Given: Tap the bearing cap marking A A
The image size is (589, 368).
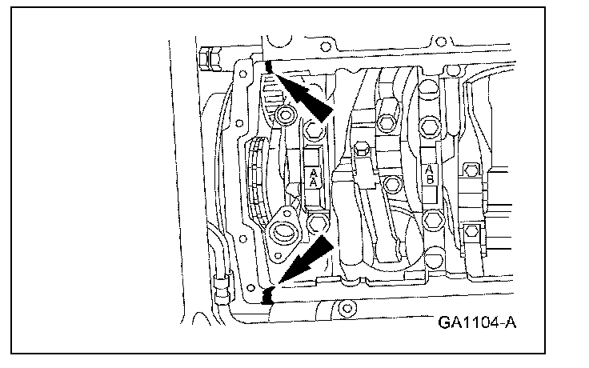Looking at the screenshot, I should coord(313,177).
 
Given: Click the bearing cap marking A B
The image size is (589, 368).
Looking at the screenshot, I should coord(429,174).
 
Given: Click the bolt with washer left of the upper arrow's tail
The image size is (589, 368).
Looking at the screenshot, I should coord(285,118).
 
